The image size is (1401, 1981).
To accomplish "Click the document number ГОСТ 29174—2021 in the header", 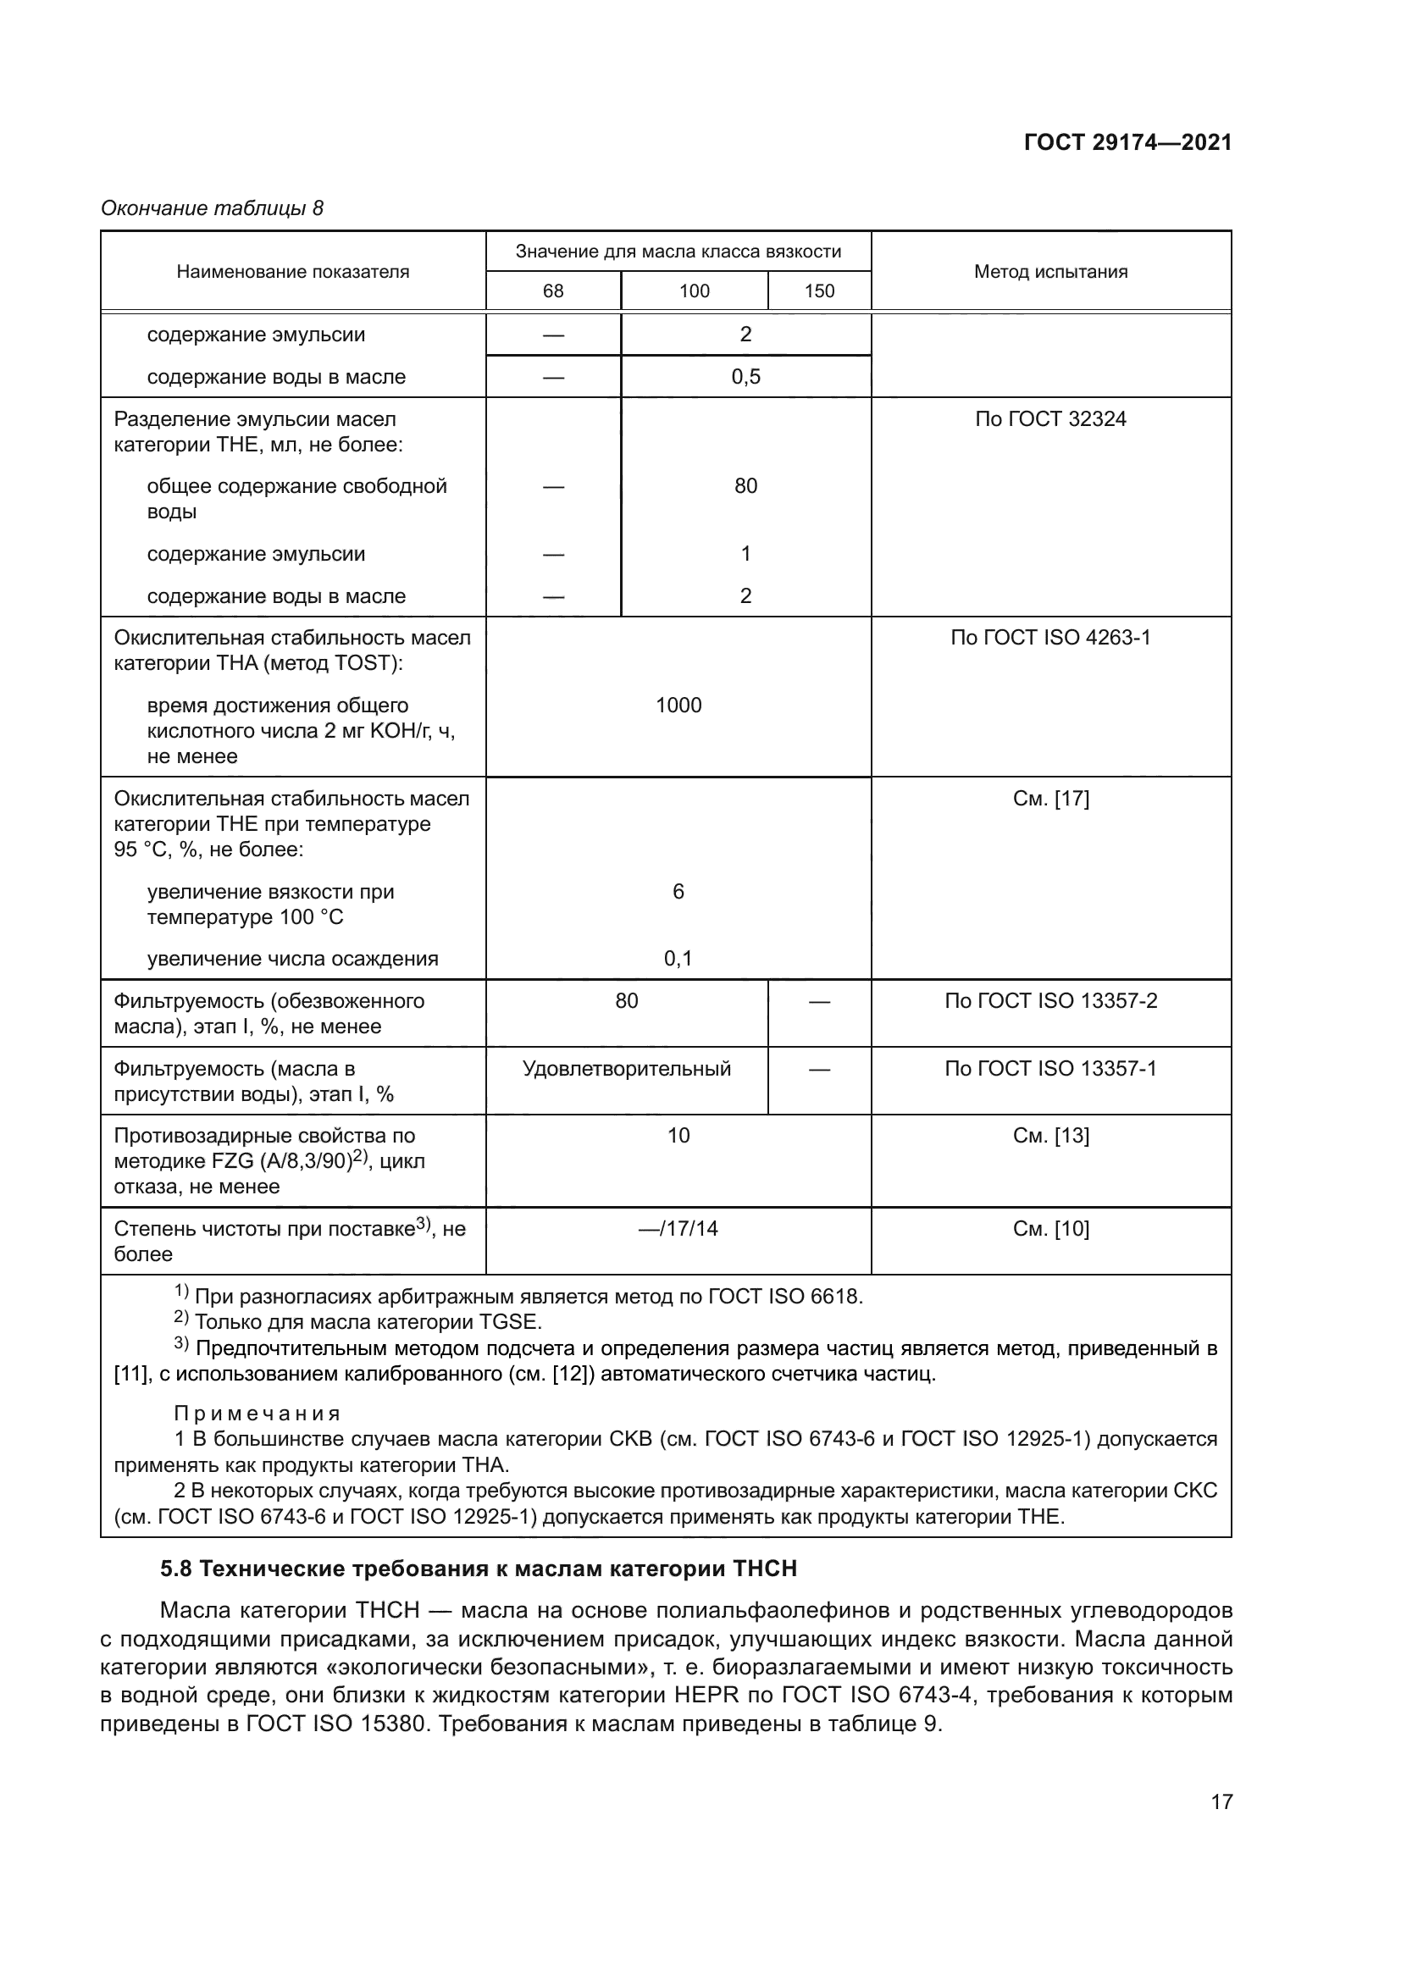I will pos(1127,142).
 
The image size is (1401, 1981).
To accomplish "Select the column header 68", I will pos(553,291).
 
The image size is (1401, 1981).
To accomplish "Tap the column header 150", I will pos(819,291).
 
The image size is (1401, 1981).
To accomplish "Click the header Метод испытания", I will pos(1049,272).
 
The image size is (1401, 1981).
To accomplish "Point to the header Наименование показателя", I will pos(292,272).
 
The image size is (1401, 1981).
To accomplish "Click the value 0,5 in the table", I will pos(745,377).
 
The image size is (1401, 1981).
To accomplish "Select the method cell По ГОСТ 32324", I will pos(1049,419).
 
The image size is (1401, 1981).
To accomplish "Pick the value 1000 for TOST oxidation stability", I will pos(678,705).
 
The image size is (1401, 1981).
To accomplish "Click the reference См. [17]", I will pos(1049,799).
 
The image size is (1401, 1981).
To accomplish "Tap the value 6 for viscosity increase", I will pos(678,891).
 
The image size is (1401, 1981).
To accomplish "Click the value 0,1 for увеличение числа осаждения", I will pos(678,959).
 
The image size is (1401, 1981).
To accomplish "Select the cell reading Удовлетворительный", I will pos(626,1069).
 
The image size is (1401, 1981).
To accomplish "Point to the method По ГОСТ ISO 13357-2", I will pos(1049,1001).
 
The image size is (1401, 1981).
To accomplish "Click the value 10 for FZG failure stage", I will pos(678,1136).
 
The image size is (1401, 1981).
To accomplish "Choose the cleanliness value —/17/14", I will pos(678,1229).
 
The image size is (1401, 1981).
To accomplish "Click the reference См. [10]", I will pos(1049,1229).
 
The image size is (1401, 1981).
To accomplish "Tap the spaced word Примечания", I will pos(257,1414).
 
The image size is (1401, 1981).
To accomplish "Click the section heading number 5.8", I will pos(175,1568).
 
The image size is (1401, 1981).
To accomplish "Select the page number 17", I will pos(1221,1801).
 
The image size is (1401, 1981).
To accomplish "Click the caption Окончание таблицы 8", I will pos(213,208).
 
